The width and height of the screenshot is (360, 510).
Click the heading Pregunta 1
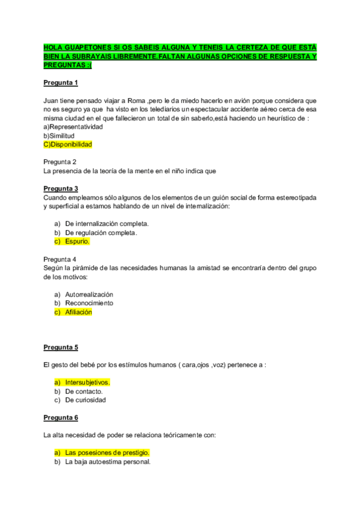click(61, 82)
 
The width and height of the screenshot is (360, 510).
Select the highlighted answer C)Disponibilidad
click(68, 145)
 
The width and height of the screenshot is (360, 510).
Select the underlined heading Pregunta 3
click(61, 188)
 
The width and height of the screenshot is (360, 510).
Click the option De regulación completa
click(101, 233)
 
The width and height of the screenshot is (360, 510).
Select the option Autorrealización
click(89, 294)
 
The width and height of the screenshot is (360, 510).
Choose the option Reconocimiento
click(89, 303)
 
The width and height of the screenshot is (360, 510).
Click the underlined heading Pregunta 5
click(61, 347)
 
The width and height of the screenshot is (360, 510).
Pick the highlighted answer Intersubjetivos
click(88, 382)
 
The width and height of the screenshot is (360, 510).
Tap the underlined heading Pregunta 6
click(61, 417)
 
